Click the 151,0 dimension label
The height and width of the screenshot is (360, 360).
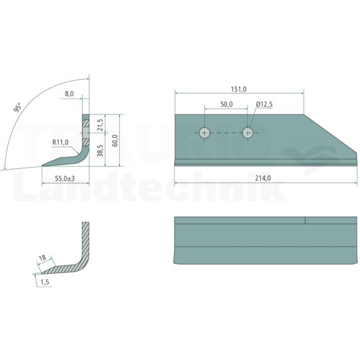(239, 89)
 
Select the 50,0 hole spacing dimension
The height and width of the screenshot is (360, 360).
(226, 104)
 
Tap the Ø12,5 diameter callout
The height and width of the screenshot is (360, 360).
(264, 104)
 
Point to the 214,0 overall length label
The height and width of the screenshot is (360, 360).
(263, 178)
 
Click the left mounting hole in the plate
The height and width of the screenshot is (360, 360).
(205, 133)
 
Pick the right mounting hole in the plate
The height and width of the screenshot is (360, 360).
(248, 133)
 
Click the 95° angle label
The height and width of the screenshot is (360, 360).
(17, 107)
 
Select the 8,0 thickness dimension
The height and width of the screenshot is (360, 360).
(69, 94)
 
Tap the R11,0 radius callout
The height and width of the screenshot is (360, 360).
(60, 142)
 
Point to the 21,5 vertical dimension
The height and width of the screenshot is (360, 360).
(100, 125)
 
